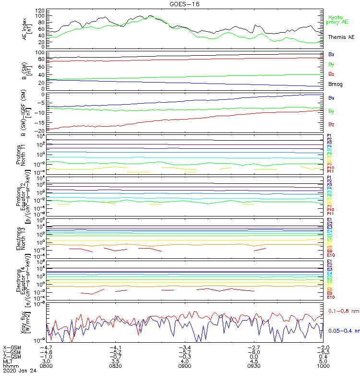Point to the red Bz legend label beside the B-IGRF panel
click(332, 124)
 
